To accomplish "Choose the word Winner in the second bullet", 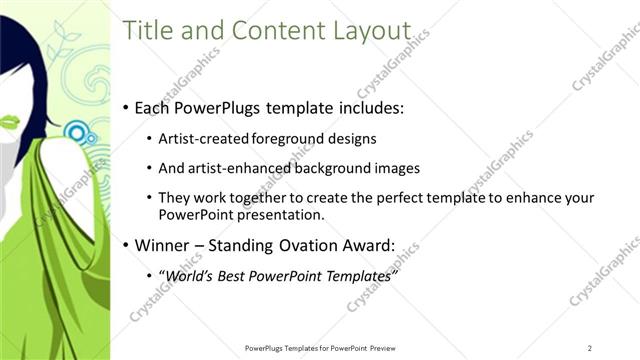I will click(x=162, y=245).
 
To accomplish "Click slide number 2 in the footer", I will click(x=590, y=347).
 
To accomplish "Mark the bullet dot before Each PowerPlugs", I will click(x=125, y=107).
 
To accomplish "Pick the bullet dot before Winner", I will click(x=125, y=245).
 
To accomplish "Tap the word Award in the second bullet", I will click(x=369, y=245).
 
